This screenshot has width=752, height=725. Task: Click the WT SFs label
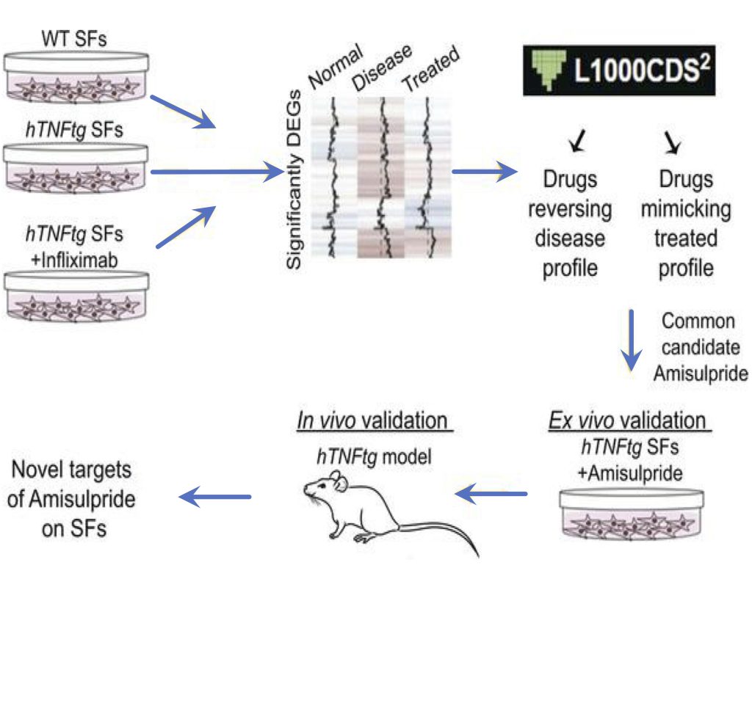tap(73, 38)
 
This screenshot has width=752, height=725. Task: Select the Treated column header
tap(431, 70)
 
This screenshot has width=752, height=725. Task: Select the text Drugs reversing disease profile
tap(570, 224)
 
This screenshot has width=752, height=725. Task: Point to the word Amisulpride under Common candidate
tap(700, 374)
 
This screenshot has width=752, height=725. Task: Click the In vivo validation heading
tap(373, 421)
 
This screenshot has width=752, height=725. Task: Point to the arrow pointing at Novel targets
tap(216, 498)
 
